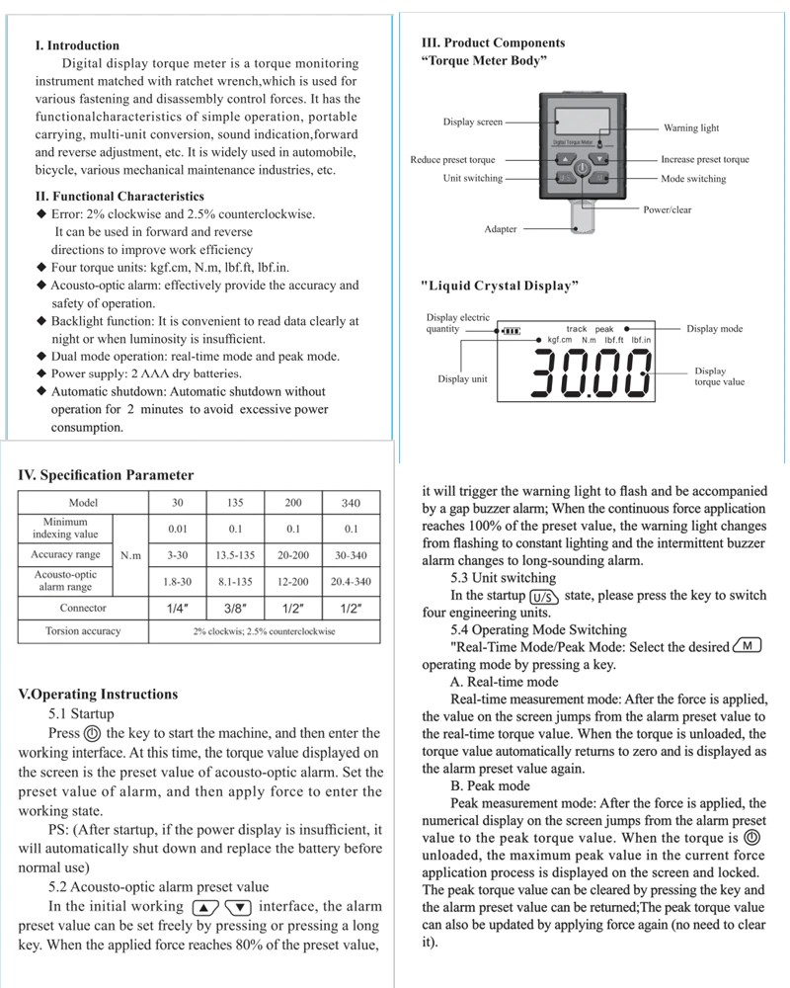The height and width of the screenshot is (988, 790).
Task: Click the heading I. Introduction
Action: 77,45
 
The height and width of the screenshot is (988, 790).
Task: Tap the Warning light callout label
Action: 691,128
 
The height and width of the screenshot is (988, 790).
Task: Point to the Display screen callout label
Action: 472,123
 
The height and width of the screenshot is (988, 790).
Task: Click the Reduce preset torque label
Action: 453,160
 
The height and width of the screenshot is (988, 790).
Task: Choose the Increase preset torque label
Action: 705,160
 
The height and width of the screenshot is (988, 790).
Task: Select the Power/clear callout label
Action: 668,210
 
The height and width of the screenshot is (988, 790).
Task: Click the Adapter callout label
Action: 501,229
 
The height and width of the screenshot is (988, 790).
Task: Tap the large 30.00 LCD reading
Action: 592,374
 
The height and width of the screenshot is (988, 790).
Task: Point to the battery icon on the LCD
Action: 511,331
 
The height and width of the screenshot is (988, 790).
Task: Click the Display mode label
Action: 715,329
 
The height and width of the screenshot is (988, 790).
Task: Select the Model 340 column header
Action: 351,503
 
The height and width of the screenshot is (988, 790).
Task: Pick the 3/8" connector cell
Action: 236,608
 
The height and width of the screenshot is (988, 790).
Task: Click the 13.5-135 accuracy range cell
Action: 236,555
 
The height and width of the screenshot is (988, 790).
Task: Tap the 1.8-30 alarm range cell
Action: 179,582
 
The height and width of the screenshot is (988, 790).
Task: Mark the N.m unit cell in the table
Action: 130,556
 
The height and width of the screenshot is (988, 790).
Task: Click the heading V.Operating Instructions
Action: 98,695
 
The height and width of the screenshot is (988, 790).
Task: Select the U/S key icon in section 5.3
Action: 544,597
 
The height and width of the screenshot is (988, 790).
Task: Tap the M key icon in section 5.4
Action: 748,647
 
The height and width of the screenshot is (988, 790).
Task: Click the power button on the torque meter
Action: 583,170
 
